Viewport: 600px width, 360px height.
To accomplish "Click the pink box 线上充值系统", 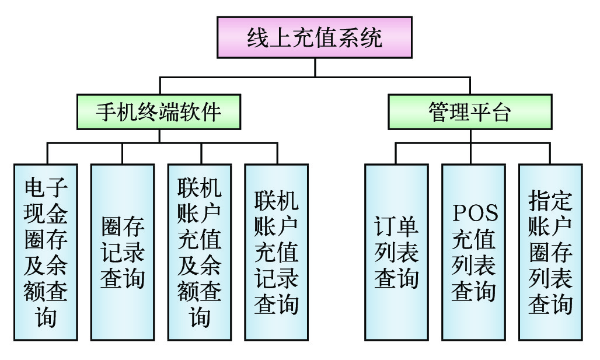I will (315, 38).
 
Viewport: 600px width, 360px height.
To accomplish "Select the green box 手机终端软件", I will (159, 111).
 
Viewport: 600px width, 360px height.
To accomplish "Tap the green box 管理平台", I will (469, 111).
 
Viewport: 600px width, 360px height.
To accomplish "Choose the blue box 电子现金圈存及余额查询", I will (46, 252).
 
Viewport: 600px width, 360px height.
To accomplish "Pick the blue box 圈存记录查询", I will (123, 252).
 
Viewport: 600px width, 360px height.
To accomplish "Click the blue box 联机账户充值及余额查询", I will (199, 252).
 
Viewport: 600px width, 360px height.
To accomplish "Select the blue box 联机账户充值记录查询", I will (276, 252).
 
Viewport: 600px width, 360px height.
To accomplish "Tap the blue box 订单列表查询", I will (396, 252).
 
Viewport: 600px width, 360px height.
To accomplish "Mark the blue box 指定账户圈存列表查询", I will (550, 252).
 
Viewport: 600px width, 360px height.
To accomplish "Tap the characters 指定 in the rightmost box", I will (550, 200).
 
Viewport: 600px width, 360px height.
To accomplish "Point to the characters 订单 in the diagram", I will (396, 226).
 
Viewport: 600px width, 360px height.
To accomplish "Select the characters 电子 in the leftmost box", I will (46, 188).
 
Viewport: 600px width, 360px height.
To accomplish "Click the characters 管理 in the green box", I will (448, 111).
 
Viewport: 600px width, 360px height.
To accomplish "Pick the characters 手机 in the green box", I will (116, 111).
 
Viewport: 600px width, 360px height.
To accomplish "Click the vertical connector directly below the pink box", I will (315, 67).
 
